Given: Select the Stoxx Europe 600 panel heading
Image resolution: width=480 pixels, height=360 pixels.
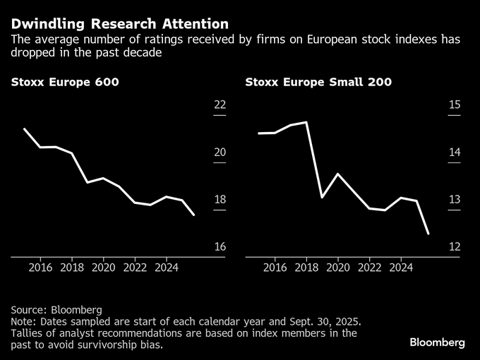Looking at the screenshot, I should click(x=64, y=82).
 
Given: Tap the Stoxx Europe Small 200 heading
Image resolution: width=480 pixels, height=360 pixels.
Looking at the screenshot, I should click(x=318, y=82).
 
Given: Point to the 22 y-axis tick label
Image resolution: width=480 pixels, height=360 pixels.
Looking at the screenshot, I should click(x=220, y=105).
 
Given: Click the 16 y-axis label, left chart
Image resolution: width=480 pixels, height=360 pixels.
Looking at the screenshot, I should click(x=220, y=247).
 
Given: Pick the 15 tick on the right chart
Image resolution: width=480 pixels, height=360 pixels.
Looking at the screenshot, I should click(x=454, y=105).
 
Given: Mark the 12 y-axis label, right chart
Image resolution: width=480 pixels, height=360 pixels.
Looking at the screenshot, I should click(x=454, y=247).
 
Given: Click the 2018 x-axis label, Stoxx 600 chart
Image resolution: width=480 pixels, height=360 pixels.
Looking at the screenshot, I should click(x=72, y=268).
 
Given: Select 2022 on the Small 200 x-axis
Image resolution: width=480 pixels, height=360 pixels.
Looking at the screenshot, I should click(x=369, y=268).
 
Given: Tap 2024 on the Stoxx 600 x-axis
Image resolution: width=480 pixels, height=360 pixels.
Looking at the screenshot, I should click(x=166, y=268).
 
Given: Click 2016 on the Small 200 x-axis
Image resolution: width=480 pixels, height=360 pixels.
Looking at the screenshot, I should click(x=275, y=268).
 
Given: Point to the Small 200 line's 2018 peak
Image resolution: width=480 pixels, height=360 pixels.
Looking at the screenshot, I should click(x=306, y=122).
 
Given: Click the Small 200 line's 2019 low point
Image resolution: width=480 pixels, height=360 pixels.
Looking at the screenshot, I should click(x=322, y=197).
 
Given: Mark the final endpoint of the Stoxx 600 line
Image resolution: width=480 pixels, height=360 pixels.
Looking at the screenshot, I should click(x=194, y=215).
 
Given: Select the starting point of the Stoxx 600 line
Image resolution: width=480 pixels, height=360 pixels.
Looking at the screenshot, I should click(x=25, y=129).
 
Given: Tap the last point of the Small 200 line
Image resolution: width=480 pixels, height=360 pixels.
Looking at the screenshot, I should click(x=429, y=234).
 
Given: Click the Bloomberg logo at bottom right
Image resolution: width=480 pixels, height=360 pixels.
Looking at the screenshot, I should click(x=437, y=342).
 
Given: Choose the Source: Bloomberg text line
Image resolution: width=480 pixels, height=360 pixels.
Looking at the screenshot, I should click(x=56, y=310).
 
